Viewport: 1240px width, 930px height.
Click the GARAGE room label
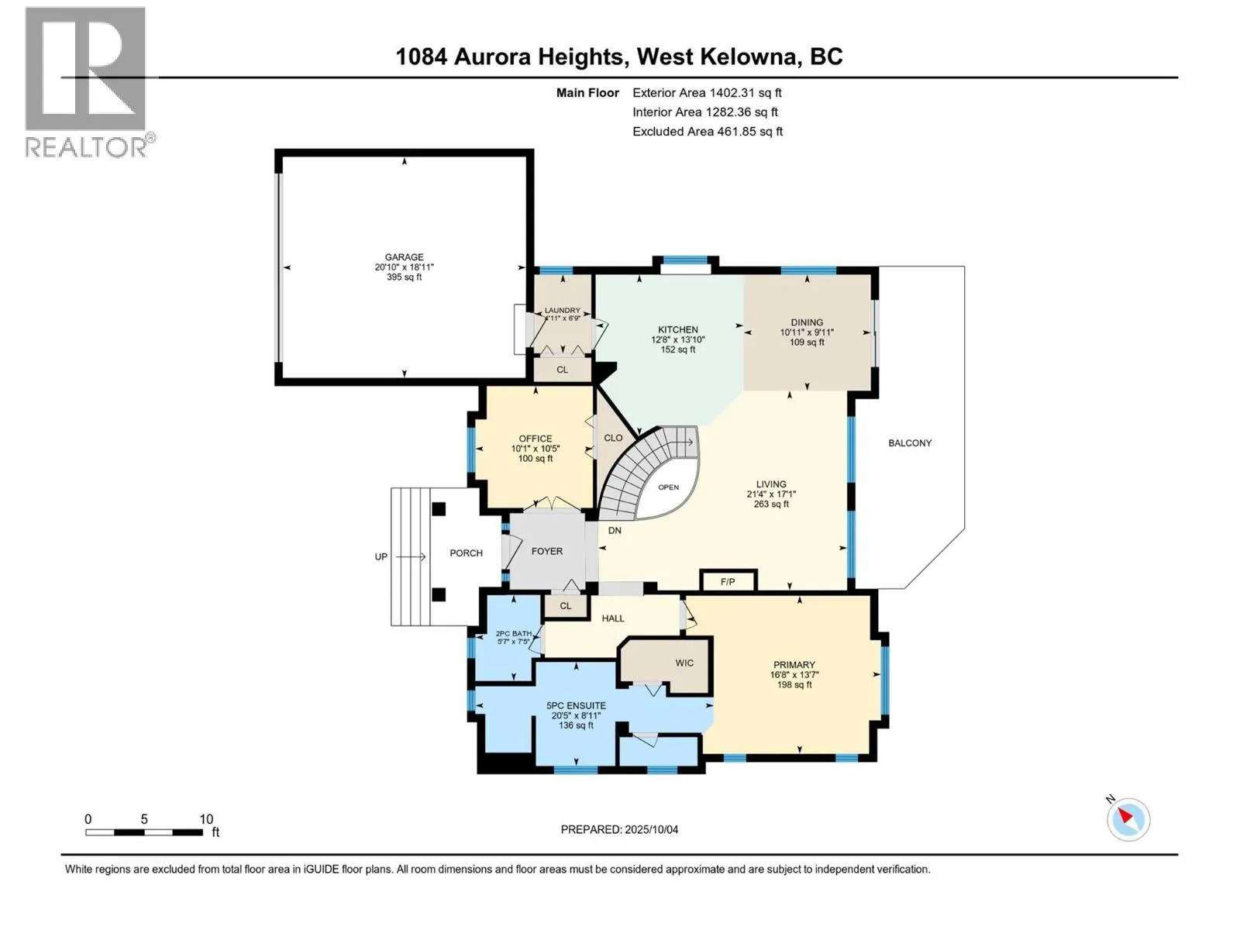tap(404, 257)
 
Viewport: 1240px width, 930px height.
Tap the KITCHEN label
tap(677, 329)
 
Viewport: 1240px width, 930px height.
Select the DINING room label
tap(806, 322)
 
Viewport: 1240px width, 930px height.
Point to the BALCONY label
tap(910, 443)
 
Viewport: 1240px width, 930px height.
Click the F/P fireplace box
tap(728, 580)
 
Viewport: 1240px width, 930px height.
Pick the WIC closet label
tap(684, 663)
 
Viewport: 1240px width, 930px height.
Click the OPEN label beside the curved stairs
tap(668, 487)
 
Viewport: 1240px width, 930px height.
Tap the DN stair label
tap(615, 530)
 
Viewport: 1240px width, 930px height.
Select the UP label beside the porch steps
tap(381, 556)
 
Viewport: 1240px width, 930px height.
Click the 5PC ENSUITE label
tap(576, 705)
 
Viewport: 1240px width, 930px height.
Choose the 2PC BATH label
tap(514, 633)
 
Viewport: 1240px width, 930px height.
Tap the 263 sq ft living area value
tap(770, 504)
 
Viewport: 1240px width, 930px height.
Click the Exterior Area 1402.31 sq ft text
tap(707, 92)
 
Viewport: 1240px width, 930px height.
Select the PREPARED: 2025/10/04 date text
tap(619, 829)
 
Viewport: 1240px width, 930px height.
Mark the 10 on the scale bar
tap(206, 818)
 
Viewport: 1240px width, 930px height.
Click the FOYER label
tap(547, 551)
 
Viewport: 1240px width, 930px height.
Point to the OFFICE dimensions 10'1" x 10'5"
tap(535, 449)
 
